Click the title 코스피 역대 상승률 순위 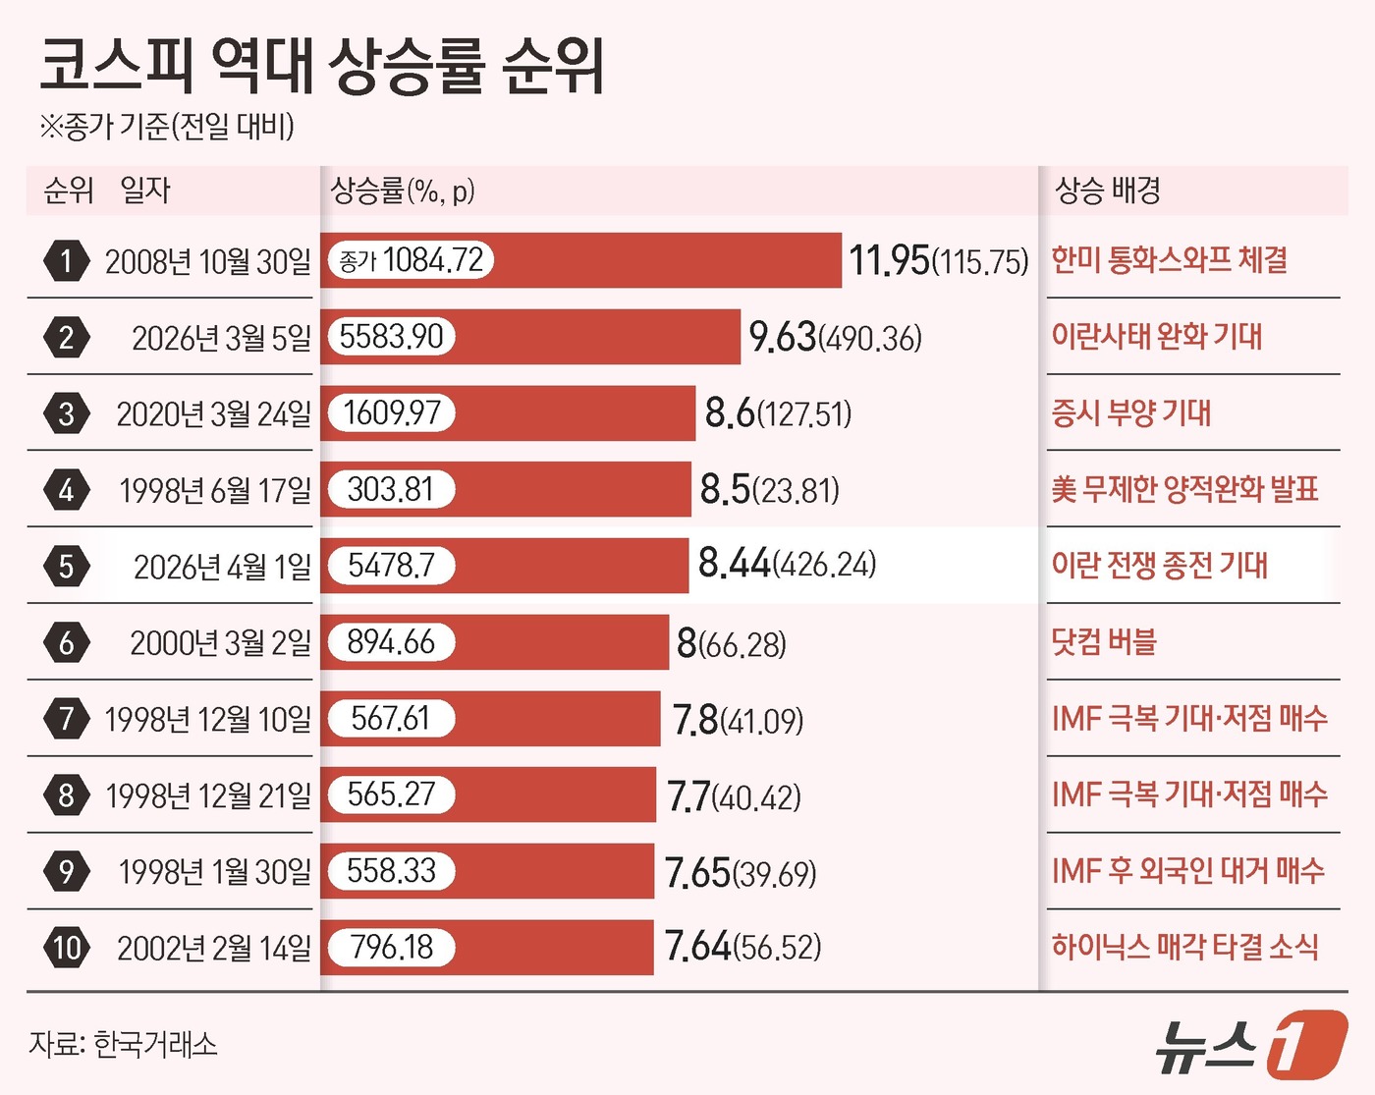[x=322, y=66]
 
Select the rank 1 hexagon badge [x=66, y=261]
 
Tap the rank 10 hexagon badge [x=66, y=948]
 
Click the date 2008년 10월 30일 [x=207, y=262]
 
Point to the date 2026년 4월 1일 [x=222, y=567]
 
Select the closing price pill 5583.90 [x=391, y=337]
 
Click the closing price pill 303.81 [x=391, y=489]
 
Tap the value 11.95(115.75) [x=938, y=261]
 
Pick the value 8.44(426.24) [x=787, y=564]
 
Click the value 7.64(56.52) [x=742, y=947]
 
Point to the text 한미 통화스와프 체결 [x=1169, y=260]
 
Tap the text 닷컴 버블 [x=1104, y=642]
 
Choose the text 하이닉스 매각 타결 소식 [x=1184, y=947]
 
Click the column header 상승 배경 [x=1107, y=191]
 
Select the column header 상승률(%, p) [x=403, y=191]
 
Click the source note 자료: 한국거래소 [x=123, y=1043]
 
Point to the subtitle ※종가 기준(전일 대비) [x=167, y=126]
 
